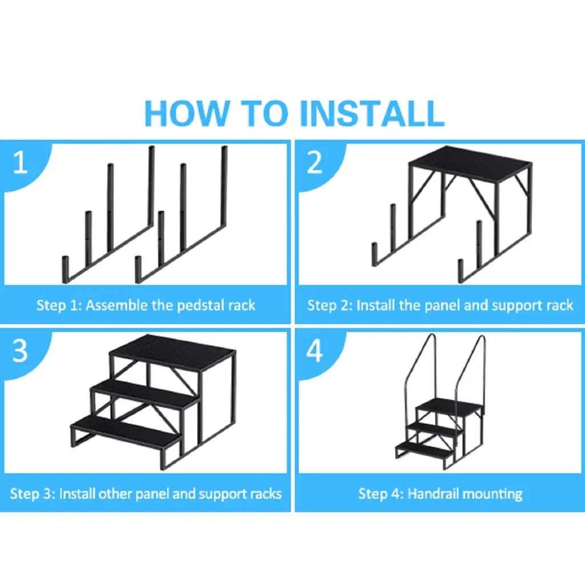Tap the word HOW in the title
tap(187, 113)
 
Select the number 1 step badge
tap(20, 162)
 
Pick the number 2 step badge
tap(315, 162)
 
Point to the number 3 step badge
tap(20, 351)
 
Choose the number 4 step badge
tap(315, 351)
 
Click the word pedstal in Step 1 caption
tap(200, 306)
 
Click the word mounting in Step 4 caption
tap(492, 494)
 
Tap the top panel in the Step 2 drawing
tap(471, 163)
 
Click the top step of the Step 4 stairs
tap(448, 406)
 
